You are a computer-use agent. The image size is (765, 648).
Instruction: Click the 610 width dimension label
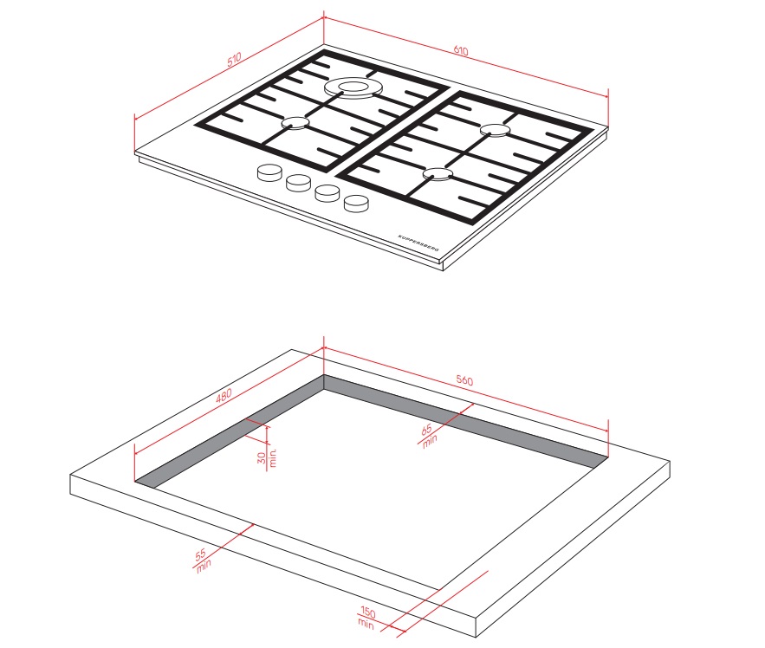click(461, 50)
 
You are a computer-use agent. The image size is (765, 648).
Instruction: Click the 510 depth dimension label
click(234, 60)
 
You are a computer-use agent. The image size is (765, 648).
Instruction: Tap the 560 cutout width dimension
click(464, 380)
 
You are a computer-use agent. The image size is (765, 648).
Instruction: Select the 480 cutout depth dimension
click(224, 395)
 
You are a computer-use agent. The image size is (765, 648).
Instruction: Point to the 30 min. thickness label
click(267, 457)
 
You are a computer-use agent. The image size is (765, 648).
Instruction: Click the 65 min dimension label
click(428, 435)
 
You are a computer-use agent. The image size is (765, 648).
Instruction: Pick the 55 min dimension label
click(203, 561)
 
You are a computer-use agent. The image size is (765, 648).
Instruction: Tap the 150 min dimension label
click(366, 618)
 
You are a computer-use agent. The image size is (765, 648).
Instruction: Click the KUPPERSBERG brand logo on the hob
click(418, 243)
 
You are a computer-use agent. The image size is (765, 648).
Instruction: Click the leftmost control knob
click(269, 172)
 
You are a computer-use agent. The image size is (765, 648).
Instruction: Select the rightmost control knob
click(357, 203)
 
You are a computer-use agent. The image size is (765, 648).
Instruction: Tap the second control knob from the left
click(298, 183)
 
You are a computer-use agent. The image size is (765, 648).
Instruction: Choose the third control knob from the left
click(327, 192)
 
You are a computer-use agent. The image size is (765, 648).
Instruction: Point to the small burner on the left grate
click(295, 122)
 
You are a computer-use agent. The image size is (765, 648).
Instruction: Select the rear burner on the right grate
click(495, 130)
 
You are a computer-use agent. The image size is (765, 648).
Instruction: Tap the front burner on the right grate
click(438, 174)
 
